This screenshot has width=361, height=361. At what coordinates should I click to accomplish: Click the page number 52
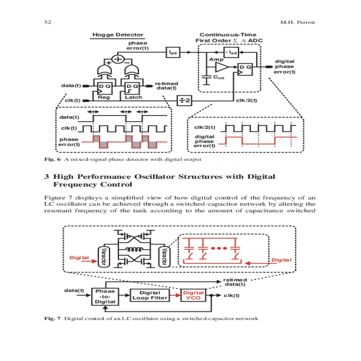[48, 22]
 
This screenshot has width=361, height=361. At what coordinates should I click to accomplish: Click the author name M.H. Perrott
[298, 22]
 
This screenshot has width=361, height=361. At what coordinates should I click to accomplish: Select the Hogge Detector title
[118, 35]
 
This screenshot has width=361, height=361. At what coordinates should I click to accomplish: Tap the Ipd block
[173, 52]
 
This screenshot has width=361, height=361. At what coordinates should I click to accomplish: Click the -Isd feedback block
[231, 52]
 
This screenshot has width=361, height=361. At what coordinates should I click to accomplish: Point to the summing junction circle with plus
[118, 59]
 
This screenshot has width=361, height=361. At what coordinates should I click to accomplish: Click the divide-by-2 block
[184, 100]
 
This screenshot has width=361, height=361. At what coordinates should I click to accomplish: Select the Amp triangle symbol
[222, 67]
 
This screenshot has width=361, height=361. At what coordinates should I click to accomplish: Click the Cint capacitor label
[219, 77]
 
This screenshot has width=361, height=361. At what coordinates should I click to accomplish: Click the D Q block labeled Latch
[132, 88]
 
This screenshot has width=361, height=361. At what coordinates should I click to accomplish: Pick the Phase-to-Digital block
[105, 297]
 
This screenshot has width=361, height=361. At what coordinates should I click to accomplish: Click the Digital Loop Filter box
[150, 295]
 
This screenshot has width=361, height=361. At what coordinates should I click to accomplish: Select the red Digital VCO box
[193, 295]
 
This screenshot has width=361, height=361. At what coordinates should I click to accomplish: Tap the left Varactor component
[103, 257]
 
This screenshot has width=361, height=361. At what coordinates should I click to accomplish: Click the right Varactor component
[164, 257]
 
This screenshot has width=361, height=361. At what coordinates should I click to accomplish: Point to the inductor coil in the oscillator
[134, 250]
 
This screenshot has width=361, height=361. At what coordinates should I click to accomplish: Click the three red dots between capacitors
[219, 248]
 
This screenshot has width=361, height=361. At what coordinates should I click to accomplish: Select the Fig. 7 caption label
[52, 319]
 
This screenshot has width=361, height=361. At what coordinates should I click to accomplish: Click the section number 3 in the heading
[47, 177]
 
